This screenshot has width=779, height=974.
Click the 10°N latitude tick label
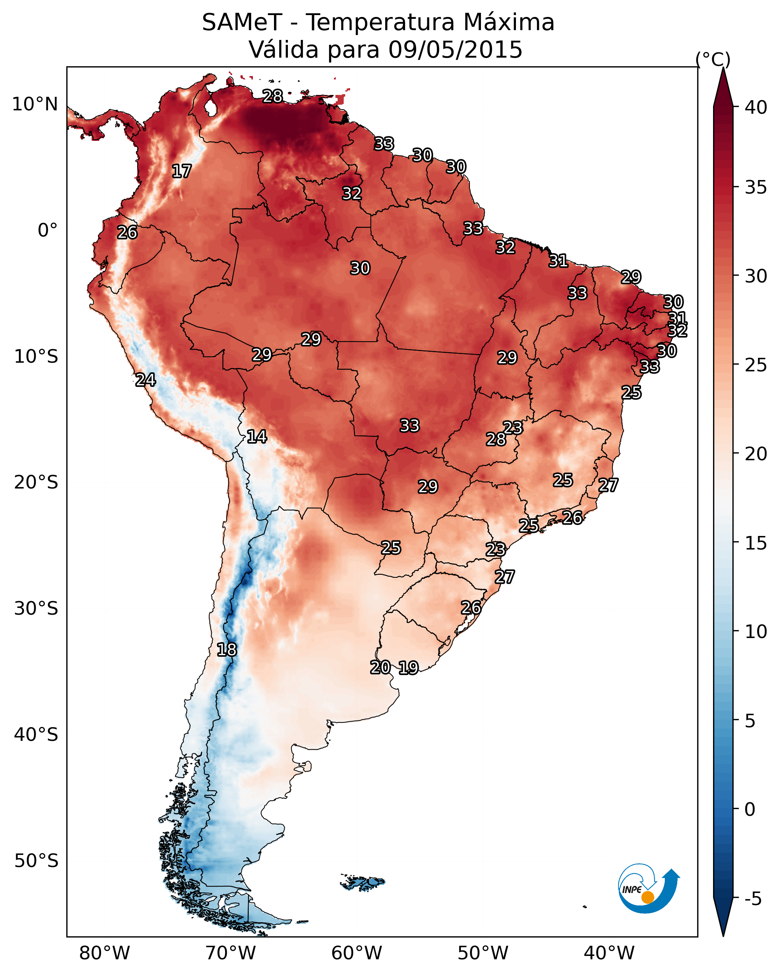[35, 104]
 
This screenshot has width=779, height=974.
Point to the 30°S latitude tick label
[36, 609]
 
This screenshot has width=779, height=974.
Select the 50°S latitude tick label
[36, 861]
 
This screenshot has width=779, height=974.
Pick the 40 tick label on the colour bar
[756, 107]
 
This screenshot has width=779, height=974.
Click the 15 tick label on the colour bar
[756, 543]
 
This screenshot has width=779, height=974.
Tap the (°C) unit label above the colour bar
[713, 59]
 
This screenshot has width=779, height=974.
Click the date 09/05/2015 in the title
[455, 50]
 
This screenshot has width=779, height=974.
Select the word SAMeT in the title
[242, 23]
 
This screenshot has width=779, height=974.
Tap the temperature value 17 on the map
[182, 171]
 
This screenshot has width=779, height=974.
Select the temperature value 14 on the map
[257, 437]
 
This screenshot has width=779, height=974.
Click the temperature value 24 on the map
[145, 380]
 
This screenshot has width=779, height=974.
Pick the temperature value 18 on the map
[227, 650]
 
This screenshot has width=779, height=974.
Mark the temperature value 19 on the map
[409, 668]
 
